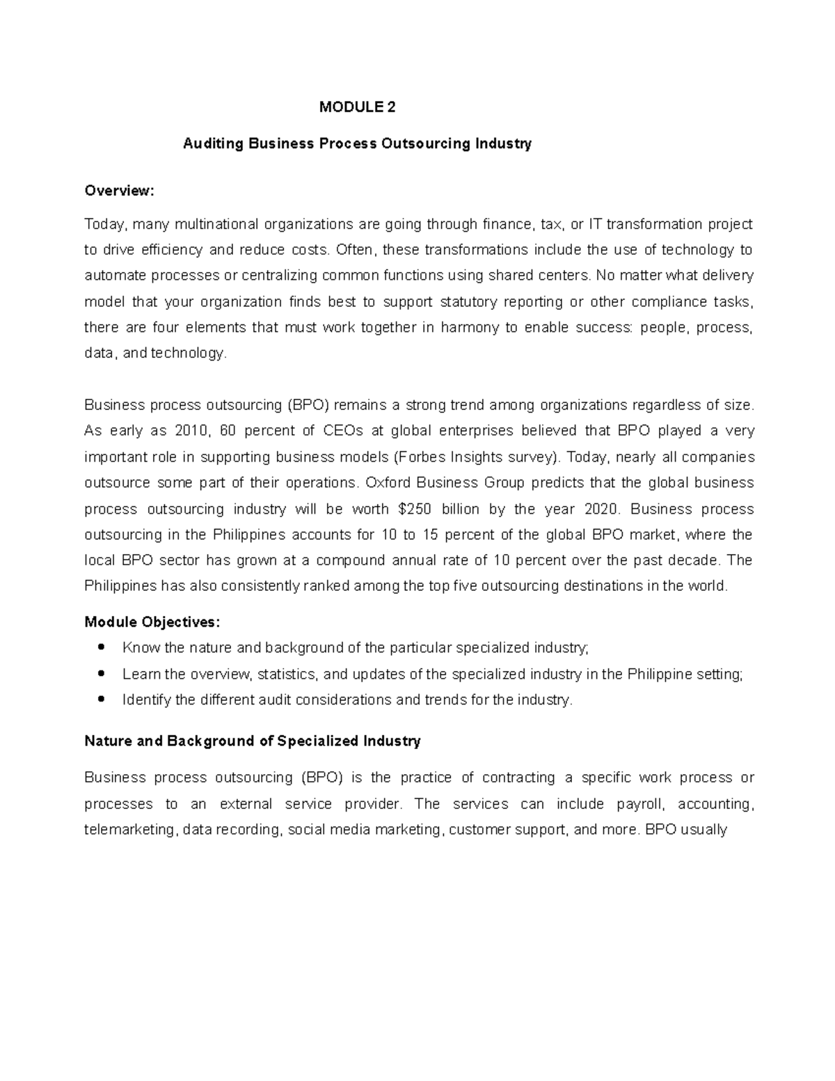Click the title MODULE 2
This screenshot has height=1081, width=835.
[x=357, y=107]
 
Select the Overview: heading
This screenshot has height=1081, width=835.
[x=118, y=191]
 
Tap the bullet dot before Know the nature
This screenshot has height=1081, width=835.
[x=102, y=647]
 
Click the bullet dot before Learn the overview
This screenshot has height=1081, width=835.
[x=102, y=674]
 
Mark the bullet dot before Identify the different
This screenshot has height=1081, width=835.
[x=102, y=700]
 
